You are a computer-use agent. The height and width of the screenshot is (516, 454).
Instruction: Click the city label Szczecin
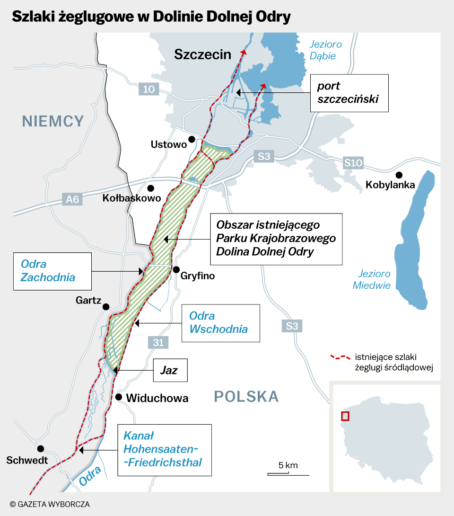click(202, 54)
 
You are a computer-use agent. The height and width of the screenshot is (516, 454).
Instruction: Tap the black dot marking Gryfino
click(176, 270)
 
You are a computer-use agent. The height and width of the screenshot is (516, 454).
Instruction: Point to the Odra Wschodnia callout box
click(220, 322)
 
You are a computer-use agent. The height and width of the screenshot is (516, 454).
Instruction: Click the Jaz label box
click(170, 370)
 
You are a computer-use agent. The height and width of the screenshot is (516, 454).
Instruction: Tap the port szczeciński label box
click(349, 93)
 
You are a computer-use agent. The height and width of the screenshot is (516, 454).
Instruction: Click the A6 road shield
click(72, 199)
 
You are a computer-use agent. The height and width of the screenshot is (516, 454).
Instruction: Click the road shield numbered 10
click(148, 89)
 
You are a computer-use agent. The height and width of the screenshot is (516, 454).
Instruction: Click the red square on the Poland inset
click(345, 416)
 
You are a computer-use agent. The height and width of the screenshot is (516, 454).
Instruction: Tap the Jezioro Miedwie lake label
click(374, 280)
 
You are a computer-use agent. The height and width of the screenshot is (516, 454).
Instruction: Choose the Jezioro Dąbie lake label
click(325, 50)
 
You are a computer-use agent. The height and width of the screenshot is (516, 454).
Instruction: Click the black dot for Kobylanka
click(400, 175)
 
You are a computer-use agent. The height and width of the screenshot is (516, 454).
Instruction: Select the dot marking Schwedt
click(41, 448)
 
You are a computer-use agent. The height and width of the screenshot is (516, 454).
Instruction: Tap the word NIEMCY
click(53, 122)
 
